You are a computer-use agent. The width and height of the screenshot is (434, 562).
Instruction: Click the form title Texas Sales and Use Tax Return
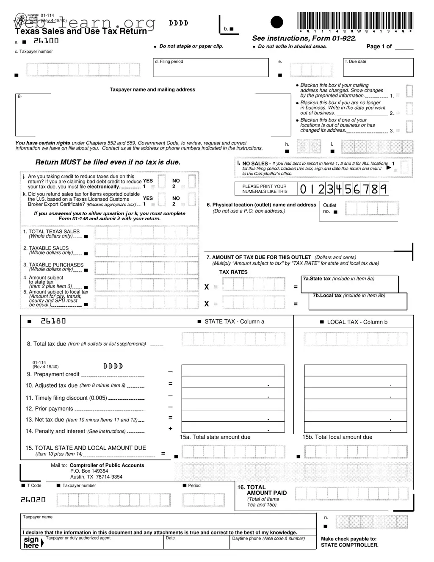click(x=81, y=31)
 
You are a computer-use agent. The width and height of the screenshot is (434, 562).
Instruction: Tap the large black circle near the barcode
click(x=276, y=22)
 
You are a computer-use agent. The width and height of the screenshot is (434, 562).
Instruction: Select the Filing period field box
click(x=210, y=67)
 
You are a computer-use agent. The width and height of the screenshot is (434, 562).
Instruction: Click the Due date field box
click(x=379, y=67)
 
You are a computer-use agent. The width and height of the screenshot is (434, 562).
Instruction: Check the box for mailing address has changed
click(x=409, y=91)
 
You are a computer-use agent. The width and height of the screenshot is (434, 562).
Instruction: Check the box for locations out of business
click(x=409, y=126)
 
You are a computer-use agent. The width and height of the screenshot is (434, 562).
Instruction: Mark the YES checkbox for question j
click(x=161, y=181)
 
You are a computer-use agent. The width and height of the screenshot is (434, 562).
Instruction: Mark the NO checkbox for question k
click(x=191, y=199)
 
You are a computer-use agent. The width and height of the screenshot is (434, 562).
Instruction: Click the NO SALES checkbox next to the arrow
click(x=404, y=166)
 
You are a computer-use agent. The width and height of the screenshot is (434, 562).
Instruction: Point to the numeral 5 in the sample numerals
click(x=348, y=189)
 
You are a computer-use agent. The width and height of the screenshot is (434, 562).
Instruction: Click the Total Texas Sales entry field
click(x=146, y=233)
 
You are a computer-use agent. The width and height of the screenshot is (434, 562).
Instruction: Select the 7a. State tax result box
click(x=350, y=284)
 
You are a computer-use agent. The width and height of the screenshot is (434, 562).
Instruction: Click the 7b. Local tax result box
click(x=358, y=302)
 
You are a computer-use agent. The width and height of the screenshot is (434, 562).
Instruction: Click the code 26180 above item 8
click(x=53, y=321)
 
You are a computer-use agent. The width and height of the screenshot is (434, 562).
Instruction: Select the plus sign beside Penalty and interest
click(x=170, y=429)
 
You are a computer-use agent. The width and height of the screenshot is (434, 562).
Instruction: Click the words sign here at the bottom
click(x=31, y=543)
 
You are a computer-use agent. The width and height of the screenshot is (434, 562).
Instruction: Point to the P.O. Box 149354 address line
click(x=89, y=471)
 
